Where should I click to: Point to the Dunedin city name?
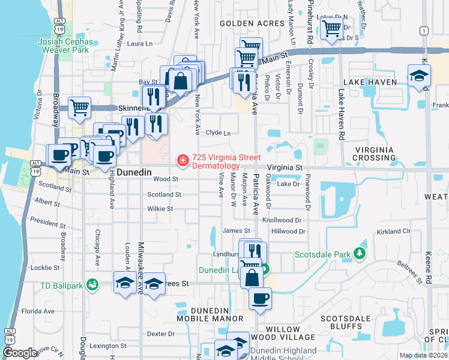point(134,172)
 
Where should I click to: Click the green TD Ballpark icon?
point(92,284)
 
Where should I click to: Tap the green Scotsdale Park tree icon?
point(360,254)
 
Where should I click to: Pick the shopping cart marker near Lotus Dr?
point(331,28)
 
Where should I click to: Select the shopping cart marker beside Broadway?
point(79,107)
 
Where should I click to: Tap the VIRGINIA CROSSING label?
point(375,154)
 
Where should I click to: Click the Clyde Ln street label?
point(218,133)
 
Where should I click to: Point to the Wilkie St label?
point(160,209)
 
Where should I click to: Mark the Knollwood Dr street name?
point(282,220)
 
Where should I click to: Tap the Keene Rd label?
point(429,265)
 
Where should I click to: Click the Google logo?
point(20,353)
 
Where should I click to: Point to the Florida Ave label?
point(38,311)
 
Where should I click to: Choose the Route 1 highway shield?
point(424,31)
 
